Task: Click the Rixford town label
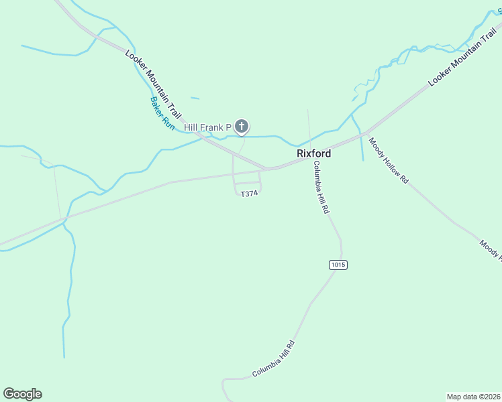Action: point(314,153)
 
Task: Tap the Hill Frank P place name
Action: point(207,127)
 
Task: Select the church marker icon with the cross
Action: point(242,126)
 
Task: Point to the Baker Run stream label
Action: point(162,113)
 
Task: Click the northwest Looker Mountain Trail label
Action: point(154,84)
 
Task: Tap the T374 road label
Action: point(249,194)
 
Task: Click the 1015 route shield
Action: point(338,265)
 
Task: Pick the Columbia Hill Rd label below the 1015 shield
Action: point(274,359)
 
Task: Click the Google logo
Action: point(22,394)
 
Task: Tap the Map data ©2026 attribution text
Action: point(473,397)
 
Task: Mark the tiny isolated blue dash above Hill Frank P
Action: point(195,98)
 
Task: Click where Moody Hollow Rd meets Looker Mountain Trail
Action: point(366,133)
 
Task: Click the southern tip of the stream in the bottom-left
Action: point(64,356)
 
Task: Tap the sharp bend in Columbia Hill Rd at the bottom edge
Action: point(224,381)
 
